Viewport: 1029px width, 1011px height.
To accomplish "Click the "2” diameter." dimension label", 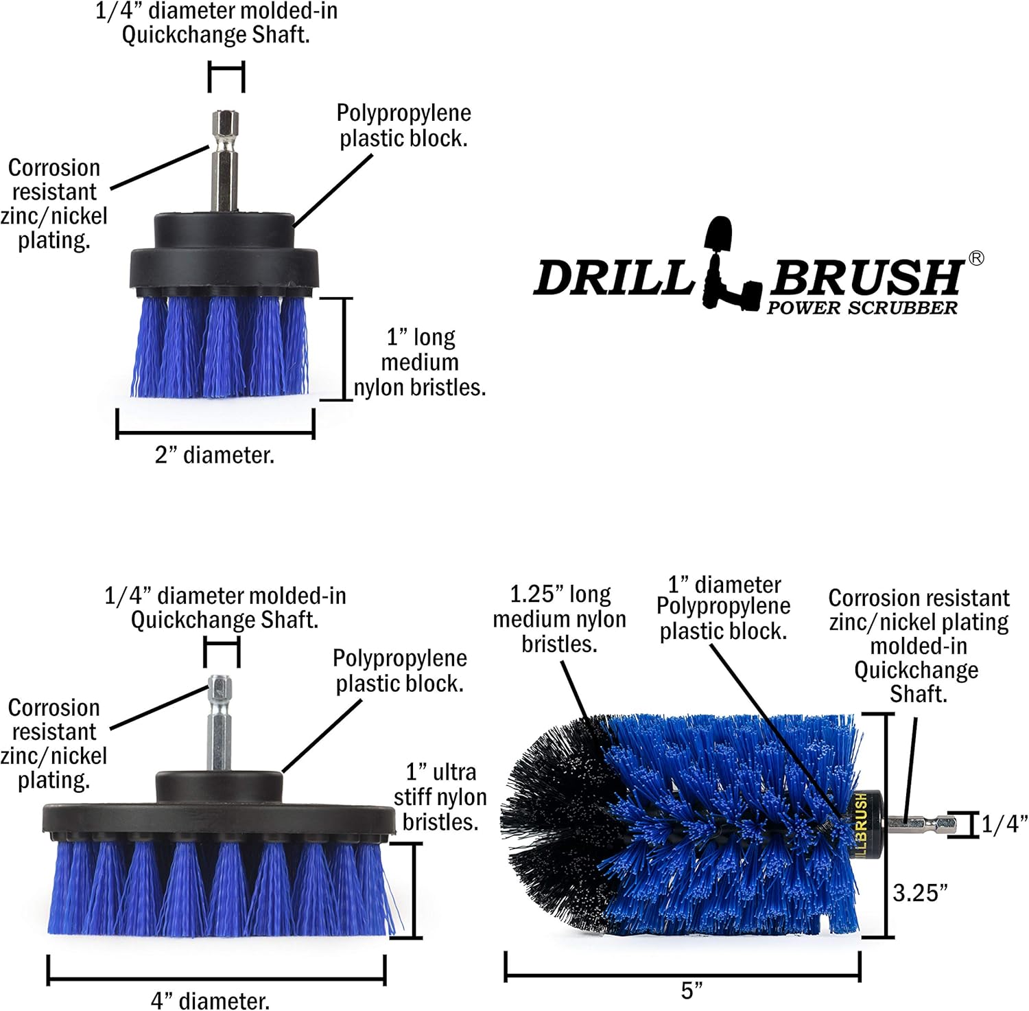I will click(x=215, y=454).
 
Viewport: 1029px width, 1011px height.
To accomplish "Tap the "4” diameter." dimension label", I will click(x=210, y=1000).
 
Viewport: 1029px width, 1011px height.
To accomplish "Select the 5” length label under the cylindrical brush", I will click(x=691, y=990).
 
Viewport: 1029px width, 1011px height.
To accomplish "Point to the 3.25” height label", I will click(x=920, y=893).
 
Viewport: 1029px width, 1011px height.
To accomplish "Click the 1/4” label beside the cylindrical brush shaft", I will click(x=1004, y=824).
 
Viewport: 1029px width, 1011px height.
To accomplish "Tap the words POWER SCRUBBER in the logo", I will click(x=862, y=308).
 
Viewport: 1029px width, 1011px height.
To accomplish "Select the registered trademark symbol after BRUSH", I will click(x=975, y=258).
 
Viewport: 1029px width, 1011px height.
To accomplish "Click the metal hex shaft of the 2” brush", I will click(x=225, y=161).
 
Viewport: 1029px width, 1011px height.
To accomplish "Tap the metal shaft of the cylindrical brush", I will click(x=919, y=824).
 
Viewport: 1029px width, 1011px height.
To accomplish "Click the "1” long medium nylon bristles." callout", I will click(x=420, y=362).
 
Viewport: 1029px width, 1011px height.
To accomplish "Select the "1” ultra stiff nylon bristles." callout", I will click(x=440, y=797).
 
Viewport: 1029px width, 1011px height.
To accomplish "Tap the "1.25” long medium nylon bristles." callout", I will click(x=559, y=619).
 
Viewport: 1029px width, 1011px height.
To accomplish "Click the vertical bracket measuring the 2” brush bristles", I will click(x=345, y=349).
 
